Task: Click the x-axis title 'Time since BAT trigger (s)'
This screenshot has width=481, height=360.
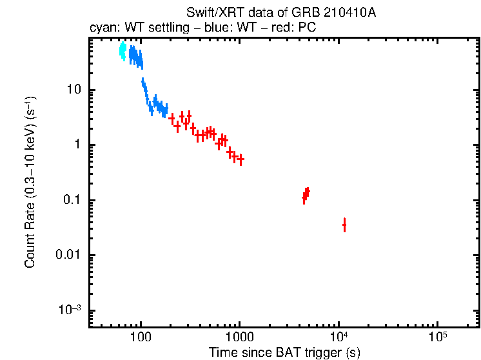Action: (x=284, y=352)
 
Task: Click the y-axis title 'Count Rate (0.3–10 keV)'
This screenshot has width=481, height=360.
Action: (x=30, y=184)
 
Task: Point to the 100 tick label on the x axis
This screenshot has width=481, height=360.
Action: (x=141, y=337)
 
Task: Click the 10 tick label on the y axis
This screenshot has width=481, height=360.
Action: (x=73, y=90)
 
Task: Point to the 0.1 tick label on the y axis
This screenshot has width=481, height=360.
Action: (x=71, y=200)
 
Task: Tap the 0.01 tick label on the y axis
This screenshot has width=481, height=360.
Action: (x=68, y=255)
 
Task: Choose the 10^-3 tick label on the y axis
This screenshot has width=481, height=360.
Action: (x=70, y=310)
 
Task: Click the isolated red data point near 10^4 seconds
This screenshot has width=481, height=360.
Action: (x=344, y=225)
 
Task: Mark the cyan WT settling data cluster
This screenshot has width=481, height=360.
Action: (x=123, y=51)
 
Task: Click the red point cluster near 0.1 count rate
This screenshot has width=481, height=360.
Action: (x=306, y=195)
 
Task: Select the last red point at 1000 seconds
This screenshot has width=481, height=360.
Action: (x=240, y=159)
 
